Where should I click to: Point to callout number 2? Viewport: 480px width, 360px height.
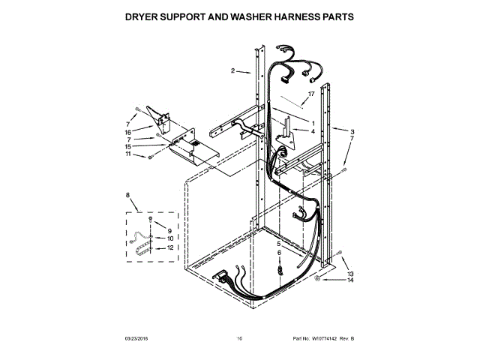pos(233,70)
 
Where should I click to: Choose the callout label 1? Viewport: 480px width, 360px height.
pos(312,122)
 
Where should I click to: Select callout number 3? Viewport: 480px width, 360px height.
pos(352,132)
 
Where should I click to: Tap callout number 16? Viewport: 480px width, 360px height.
pos(128,131)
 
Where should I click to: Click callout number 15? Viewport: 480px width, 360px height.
pos(128,146)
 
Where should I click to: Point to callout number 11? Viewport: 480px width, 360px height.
pos(128,154)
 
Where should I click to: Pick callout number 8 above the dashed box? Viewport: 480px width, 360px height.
pos(127,196)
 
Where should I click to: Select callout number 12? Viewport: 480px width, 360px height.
pos(169,247)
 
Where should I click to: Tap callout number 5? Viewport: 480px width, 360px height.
pos(278,244)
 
